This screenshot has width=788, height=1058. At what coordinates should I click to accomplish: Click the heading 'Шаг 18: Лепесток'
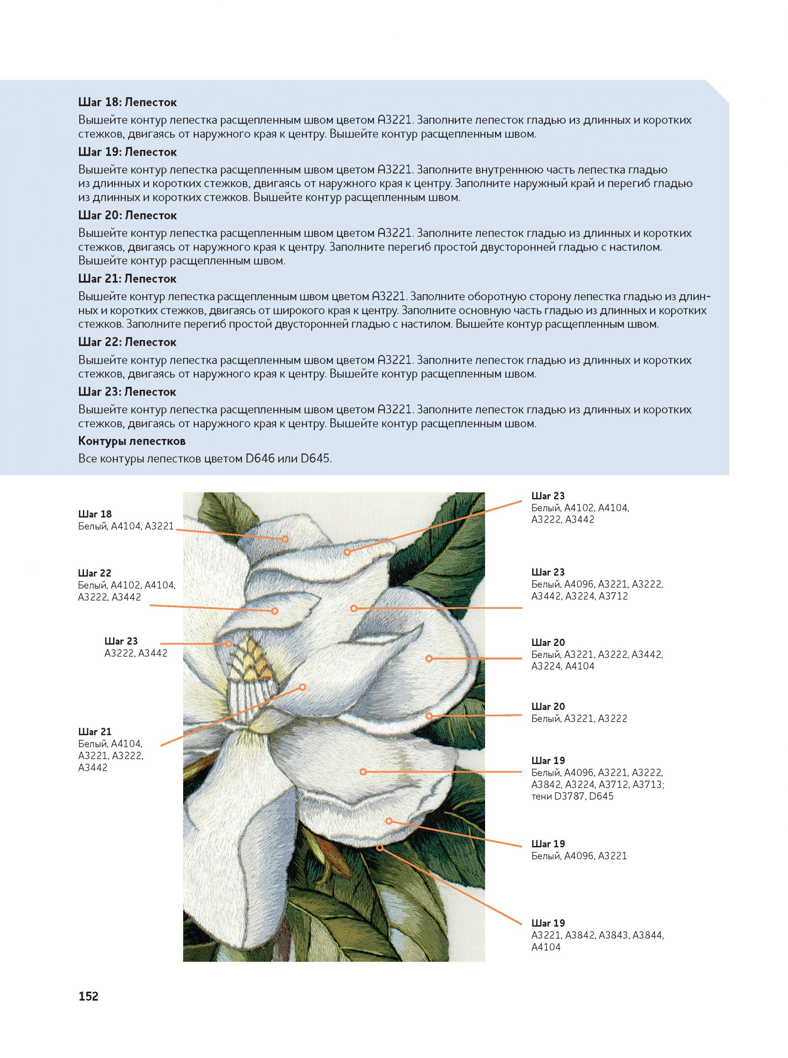click(127, 102)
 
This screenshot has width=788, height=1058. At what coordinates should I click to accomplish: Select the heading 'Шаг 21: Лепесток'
click(127, 279)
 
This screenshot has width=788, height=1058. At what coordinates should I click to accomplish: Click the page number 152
click(88, 996)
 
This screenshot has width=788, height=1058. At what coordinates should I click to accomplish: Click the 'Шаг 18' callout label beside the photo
click(95, 514)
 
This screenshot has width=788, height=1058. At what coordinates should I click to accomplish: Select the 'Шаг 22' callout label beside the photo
click(95, 573)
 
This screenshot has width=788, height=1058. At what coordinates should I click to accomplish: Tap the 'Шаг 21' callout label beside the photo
click(95, 732)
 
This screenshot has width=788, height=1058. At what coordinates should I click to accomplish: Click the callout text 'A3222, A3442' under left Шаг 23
click(136, 653)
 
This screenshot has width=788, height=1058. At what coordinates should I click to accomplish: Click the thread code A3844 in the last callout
click(648, 935)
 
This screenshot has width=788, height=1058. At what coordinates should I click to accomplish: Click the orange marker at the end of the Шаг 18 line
click(285, 539)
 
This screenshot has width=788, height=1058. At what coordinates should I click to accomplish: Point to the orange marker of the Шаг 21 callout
click(302, 687)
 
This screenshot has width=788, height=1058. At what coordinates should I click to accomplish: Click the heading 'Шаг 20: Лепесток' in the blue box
click(127, 216)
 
